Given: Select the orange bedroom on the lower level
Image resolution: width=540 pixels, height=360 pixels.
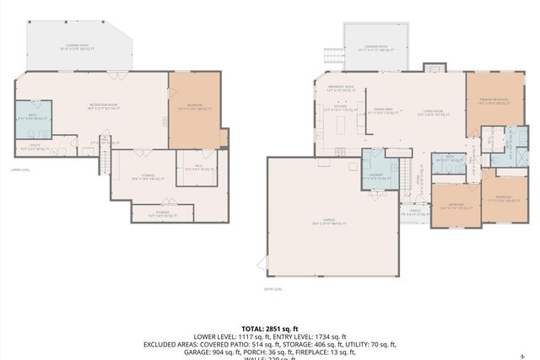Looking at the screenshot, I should point(194,110).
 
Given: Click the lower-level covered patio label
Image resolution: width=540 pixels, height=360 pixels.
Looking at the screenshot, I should point(78,47).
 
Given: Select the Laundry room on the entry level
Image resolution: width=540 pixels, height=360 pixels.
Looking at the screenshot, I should point(375,177).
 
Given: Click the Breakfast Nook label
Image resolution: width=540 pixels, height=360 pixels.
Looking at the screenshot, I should point(341,87).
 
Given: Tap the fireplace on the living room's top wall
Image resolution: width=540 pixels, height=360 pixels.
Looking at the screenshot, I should point(433,67).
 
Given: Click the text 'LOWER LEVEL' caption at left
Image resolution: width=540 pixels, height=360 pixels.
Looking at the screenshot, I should point(20,169).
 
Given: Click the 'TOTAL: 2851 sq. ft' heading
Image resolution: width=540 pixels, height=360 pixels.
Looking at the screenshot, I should point(270,328).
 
